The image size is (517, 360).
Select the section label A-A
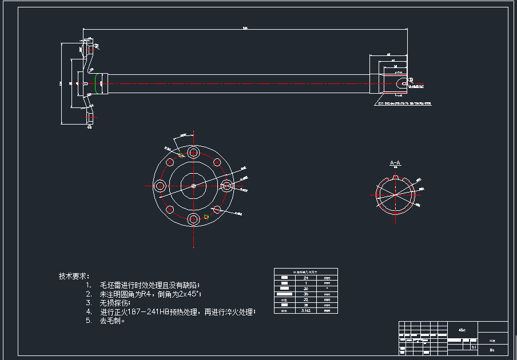click(x=395, y=163)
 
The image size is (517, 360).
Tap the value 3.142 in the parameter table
click(x=306, y=311)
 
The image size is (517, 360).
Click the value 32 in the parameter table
click(x=306, y=299)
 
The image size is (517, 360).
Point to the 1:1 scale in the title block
click(x=473, y=347)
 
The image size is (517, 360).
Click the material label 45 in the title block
click(x=462, y=330)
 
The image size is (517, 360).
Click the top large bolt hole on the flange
click(x=193, y=153)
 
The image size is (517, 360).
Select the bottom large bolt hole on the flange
click(x=193, y=219)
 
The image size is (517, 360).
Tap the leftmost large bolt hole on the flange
click(x=160, y=186)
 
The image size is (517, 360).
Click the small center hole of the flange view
click(x=193, y=186)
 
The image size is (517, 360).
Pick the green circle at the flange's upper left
click(x=181, y=154)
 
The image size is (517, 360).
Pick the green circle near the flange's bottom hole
click(x=206, y=217)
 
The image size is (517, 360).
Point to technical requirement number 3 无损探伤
click(x=112, y=302)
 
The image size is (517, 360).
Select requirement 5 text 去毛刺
click(x=113, y=321)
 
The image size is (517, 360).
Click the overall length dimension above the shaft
click(x=245, y=27)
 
